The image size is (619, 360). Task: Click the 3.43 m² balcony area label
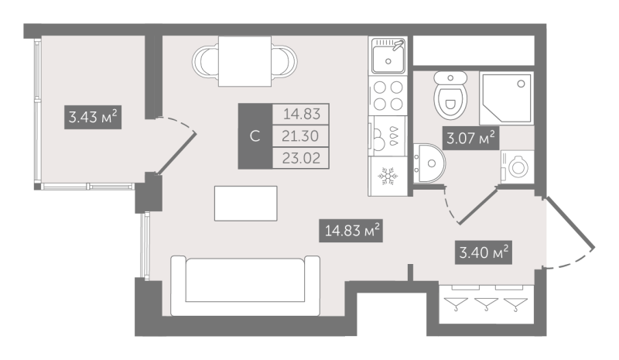click(x=93, y=117)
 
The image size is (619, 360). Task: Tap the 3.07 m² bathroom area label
click(x=470, y=139)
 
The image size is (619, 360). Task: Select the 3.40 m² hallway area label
click(x=484, y=252)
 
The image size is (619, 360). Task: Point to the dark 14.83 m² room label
click(x=351, y=231)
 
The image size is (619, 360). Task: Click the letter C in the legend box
click(x=255, y=136)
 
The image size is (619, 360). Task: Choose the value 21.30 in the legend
click(x=300, y=136)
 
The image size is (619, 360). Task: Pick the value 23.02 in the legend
click(x=301, y=158)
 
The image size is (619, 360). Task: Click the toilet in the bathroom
click(x=450, y=95)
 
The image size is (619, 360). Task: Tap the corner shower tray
click(x=507, y=98)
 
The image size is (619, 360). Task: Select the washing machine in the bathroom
click(x=517, y=166)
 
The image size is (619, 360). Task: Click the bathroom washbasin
click(x=429, y=163)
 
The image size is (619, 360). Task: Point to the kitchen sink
click(x=388, y=55)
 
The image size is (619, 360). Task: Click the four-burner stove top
click(x=388, y=95)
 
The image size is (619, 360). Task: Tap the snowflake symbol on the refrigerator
click(x=388, y=176)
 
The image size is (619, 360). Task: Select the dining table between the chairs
click(x=245, y=61)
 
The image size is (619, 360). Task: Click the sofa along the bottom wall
click(x=245, y=286)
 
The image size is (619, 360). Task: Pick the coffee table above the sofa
click(x=245, y=204)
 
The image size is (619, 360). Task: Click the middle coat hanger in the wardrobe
click(x=486, y=304)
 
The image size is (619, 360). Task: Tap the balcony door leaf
click(x=176, y=153)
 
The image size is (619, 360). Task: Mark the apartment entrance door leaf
click(x=569, y=223)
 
